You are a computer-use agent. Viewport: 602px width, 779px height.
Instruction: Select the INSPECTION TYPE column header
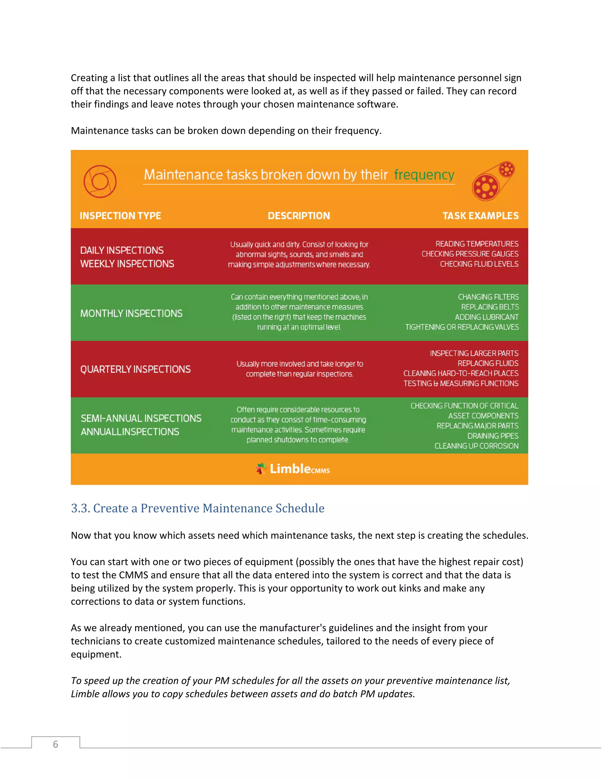tap(120, 216)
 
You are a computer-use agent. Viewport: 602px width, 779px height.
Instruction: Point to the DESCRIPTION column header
tap(299, 216)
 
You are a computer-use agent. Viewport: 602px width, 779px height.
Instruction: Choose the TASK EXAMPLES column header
tap(480, 216)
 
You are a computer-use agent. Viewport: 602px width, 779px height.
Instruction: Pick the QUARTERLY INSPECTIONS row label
tap(136, 369)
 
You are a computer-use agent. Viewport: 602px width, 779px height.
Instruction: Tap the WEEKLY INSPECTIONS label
tap(127, 264)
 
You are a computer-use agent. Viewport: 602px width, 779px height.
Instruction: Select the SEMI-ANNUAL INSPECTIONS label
tap(141, 418)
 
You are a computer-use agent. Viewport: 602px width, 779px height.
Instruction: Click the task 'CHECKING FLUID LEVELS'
tap(479, 264)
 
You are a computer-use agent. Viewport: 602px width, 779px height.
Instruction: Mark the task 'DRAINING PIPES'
tap(493, 436)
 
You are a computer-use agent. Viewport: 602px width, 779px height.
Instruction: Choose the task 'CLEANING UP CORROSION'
tap(476, 446)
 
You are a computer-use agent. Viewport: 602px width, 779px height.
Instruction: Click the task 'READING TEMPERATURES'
tap(477, 244)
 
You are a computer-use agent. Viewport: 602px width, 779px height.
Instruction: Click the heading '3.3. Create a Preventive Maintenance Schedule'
tap(198, 508)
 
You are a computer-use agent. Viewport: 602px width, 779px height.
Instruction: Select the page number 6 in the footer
tap(55, 744)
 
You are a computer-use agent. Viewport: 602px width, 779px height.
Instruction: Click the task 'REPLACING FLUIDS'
tap(488, 363)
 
